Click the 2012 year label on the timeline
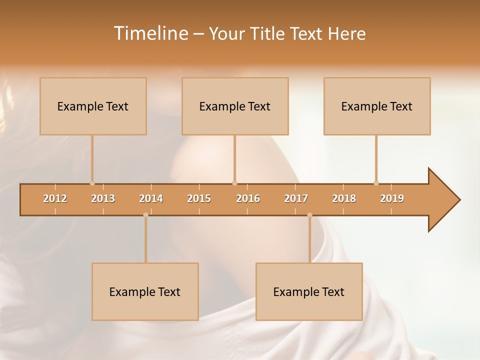click(x=55, y=198)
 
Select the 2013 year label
click(x=103, y=198)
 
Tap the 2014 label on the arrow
click(x=151, y=198)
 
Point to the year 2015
click(x=199, y=198)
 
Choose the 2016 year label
click(x=248, y=198)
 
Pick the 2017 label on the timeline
click(x=296, y=198)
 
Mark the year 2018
click(x=344, y=198)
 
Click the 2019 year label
click(x=392, y=198)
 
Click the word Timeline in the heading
click(x=150, y=33)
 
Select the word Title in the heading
click(x=268, y=33)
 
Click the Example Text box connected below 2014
click(x=145, y=291)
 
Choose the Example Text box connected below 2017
click(x=309, y=291)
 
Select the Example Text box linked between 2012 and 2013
click(x=93, y=106)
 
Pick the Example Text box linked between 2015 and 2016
click(x=235, y=106)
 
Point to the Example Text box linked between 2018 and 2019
click(x=377, y=106)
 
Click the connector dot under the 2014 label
click(x=145, y=215)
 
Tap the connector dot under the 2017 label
click(x=309, y=215)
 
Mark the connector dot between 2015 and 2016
click(x=234, y=183)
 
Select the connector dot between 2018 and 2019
click(x=376, y=183)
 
